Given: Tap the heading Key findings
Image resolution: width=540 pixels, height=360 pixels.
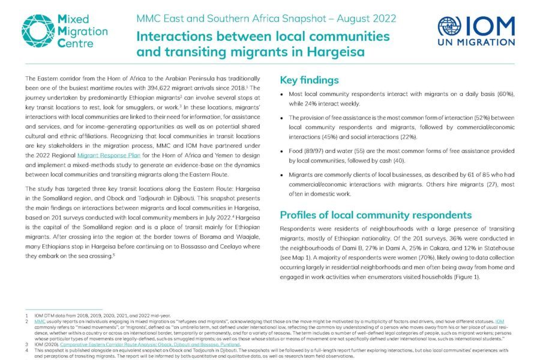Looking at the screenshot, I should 310,80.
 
